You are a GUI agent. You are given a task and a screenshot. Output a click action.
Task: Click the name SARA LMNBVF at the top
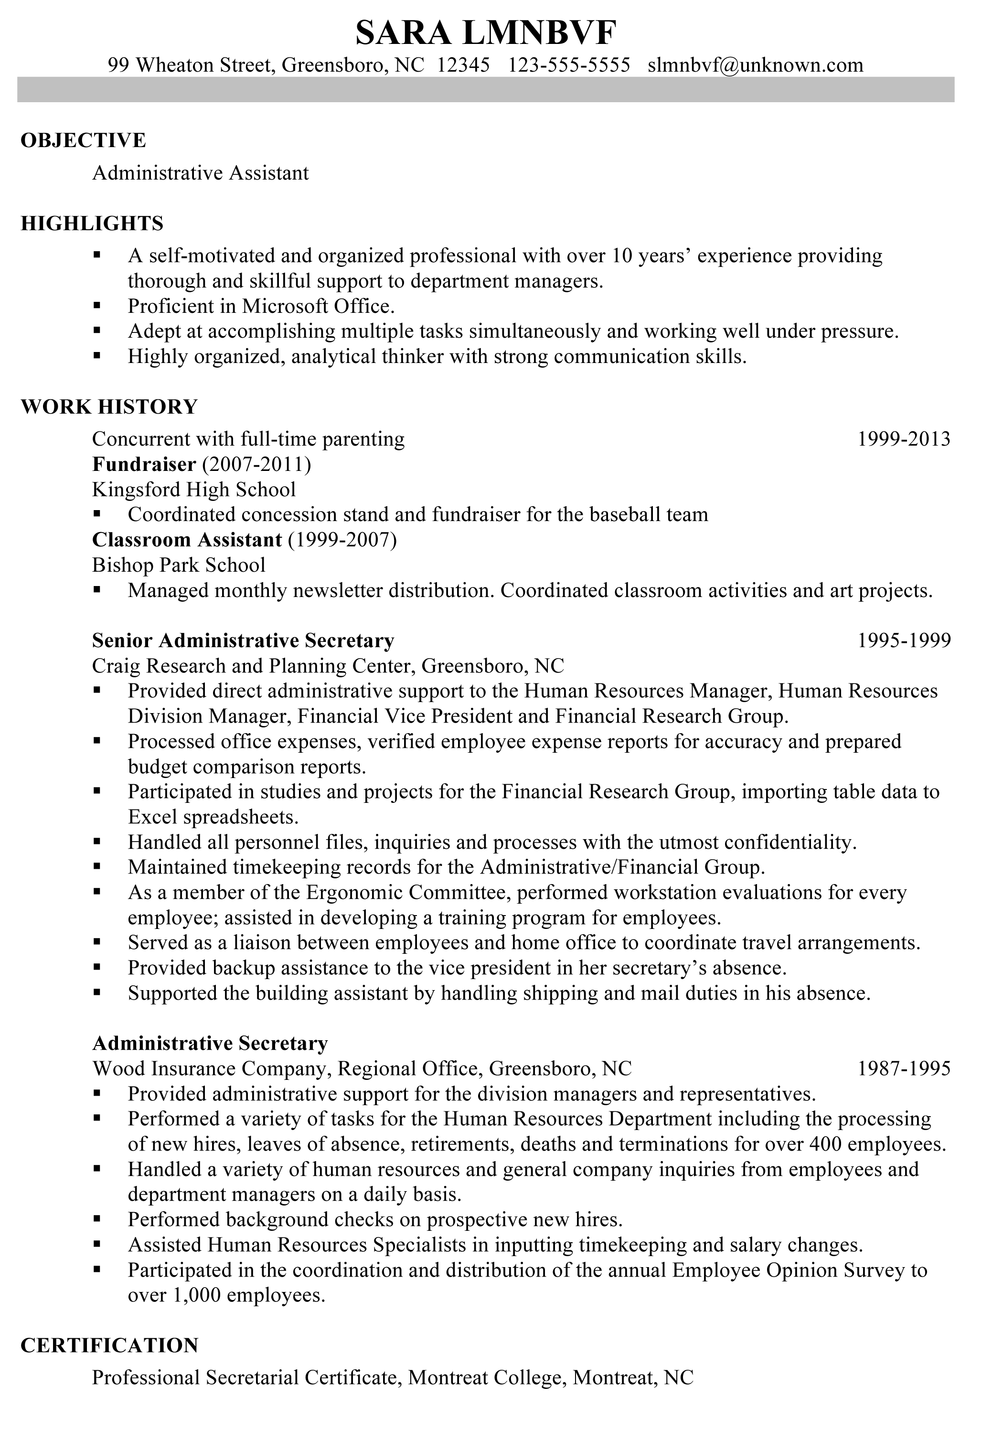pyautogui.click(x=486, y=32)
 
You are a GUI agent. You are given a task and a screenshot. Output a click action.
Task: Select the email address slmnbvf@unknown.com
pyautogui.click(x=755, y=64)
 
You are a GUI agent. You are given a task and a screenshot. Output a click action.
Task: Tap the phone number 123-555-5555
pyautogui.click(x=568, y=64)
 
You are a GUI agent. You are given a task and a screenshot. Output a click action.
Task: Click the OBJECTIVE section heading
pyautogui.click(x=84, y=140)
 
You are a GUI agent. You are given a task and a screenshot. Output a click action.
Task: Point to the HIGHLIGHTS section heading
pyautogui.click(x=92, y=223)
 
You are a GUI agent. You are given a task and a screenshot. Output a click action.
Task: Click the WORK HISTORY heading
pyautogui.click(x=109, y=406)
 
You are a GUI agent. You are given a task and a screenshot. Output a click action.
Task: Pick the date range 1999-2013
pyautogui.click(x=903, y=438)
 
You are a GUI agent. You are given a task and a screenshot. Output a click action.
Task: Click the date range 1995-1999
pyautogui.click(x=903, y=640)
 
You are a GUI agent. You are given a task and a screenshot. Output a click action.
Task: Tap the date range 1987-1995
pyautogui.click(x=903, y=1068)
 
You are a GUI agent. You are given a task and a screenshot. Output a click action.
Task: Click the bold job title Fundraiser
pyautogui.click(x=144, y=464)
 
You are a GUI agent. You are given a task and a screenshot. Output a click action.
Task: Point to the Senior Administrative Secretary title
pyautogui.click(x=243, y=640)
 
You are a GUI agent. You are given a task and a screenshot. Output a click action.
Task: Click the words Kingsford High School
pyautogui.click(x=194, y=489)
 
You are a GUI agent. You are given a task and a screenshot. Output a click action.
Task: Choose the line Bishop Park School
pyautogui.click(x=179, y=565)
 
